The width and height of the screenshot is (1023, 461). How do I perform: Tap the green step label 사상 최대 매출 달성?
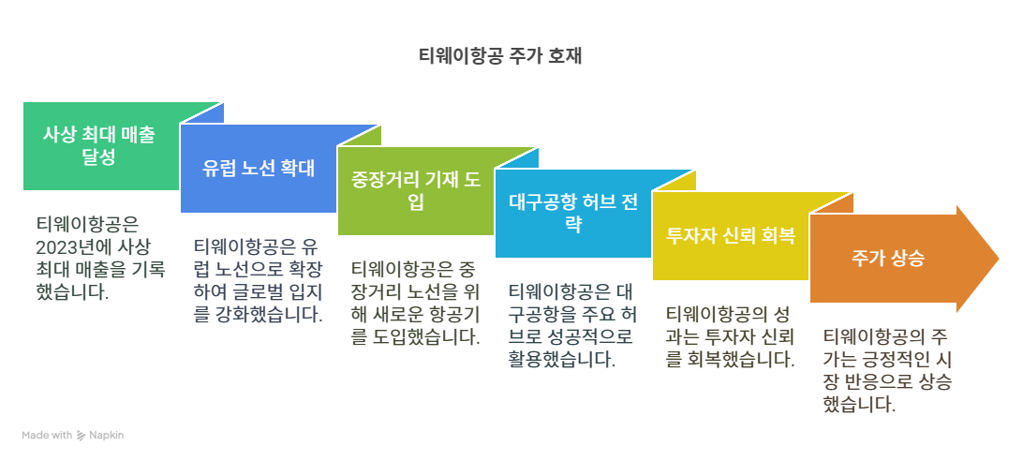pos(99,145)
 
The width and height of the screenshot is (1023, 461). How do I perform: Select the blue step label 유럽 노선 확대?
pos(258,169)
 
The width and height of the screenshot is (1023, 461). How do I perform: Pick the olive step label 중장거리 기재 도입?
pos(415,190)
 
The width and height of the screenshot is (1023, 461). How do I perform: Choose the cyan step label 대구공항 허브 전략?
pos(573,213)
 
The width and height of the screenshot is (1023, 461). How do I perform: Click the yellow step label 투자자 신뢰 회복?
pos(731,235)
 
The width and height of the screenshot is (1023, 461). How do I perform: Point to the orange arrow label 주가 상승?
pos(888,258)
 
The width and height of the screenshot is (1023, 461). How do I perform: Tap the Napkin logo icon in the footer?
pos(82,436)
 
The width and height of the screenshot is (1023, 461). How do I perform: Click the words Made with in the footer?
pos(47,436)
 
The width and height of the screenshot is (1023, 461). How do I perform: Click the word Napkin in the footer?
pos(108,436)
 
